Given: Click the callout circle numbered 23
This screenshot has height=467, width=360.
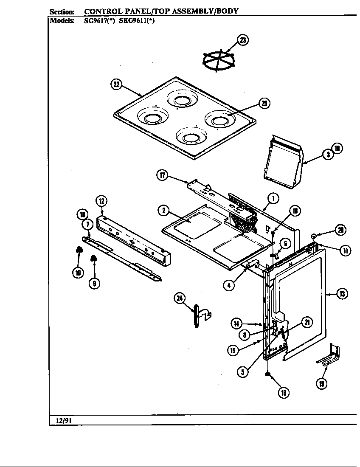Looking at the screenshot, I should (x=242, y=40).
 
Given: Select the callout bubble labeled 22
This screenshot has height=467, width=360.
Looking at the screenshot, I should (x=116, y=84).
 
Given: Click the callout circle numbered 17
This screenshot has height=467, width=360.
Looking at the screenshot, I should (x=162, y=175).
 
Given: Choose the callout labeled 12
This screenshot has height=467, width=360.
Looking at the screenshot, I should (x=101, y=201).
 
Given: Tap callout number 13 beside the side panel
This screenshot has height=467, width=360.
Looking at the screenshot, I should (x=342, y=293).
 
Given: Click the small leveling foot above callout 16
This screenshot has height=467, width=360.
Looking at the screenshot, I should (x=268, y=374).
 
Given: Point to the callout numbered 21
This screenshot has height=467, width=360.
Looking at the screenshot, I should (x=307, y=323).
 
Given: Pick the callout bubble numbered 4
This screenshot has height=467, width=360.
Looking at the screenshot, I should (x=229, y=285).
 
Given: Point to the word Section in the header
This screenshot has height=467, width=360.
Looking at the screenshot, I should (x=62, y=11).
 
